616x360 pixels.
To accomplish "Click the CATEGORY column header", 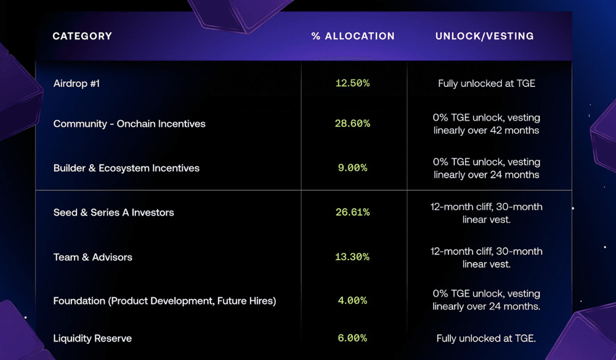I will [x=83, y=36].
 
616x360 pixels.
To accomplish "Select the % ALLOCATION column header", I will [x=353, y=36].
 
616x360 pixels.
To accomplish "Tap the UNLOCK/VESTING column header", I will [x=485, y=36].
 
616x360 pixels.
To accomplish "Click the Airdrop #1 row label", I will [x=76, y=83].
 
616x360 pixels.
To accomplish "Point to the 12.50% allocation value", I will [x=352, y=83].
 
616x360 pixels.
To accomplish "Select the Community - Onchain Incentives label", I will [x=129, y=124].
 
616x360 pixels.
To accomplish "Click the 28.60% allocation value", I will [x=352, y=124].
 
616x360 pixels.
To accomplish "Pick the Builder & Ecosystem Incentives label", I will [x=126, y=168].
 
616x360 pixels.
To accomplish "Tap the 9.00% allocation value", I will [x=352, y=168].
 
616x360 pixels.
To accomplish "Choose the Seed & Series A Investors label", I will [x=114, y=213].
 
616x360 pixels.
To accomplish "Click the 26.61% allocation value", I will [x=352, y=213].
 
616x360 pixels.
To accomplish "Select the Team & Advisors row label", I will [x=93, y=257].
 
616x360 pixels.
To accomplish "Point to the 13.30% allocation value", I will [x=352, y=257].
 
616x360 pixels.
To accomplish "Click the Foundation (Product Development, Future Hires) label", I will [x=164, y=301].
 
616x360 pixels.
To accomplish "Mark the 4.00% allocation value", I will [x=352, y=301].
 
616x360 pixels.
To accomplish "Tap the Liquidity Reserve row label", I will [x=92, y=338].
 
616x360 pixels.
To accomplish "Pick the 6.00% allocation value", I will [x=352, y=338].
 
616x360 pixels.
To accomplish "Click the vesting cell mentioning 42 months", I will [x=487, y=124].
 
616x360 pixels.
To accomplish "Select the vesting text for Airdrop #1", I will [x=487, y=83].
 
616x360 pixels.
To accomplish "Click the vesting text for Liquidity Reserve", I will [x=487, y=338].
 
